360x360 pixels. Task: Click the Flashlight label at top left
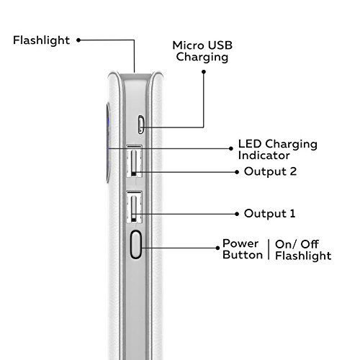[x=41, y=40]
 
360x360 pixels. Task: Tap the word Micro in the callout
[x=188, y=45]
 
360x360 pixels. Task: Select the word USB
[x=220, y=45]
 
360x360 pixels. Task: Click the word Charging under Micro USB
[x=202, y=58]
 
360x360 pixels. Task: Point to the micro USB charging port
[x=141, y=125]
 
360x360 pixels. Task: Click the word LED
[x=250, y=144]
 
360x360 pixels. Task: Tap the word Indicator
[x=264, y=156]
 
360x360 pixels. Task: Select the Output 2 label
[x=271, y=171]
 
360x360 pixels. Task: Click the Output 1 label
[x=269, y=214]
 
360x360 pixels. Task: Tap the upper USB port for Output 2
[x=135, y=161]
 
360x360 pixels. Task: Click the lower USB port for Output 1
[x=135, y=207]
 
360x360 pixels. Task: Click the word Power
[x=240, y=243]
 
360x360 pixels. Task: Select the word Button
[x=243, y=255]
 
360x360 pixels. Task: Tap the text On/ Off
[x=297, y=245]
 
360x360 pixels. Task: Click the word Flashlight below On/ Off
[x=303, y=256]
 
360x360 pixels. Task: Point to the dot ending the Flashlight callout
[x=78, y=40]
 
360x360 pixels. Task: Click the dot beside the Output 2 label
[x=237, y=172]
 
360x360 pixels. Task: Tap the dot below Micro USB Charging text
[x=204, y=72]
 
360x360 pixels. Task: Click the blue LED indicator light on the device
[x=109, y=122]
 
